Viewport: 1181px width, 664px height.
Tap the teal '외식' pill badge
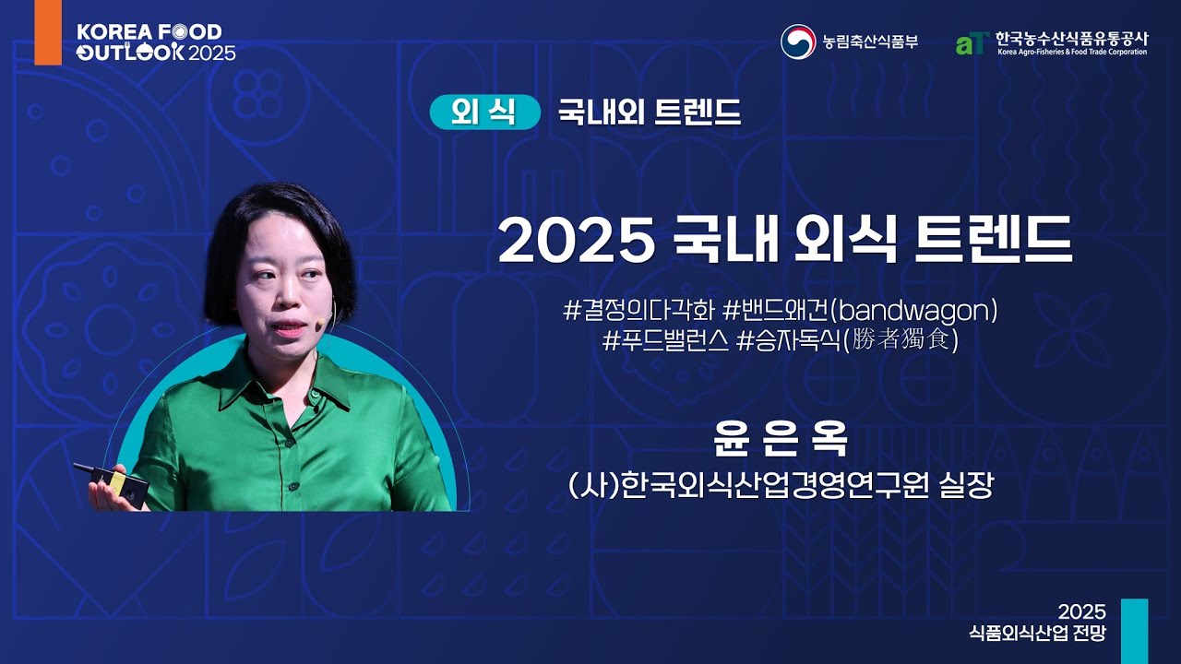484,112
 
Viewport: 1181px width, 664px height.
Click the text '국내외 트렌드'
649,113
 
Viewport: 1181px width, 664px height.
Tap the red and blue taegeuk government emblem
797,41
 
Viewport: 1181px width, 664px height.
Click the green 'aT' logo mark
972,42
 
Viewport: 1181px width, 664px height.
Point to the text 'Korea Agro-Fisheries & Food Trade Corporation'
1071,53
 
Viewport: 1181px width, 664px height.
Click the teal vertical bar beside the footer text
1134,631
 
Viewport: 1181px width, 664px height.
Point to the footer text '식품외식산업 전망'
1037,634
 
